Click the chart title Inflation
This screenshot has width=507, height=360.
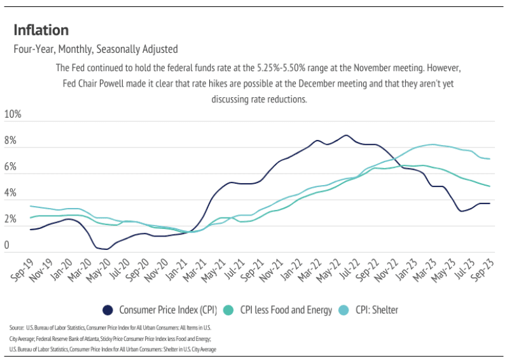pyautogui.click(x=41, y=30)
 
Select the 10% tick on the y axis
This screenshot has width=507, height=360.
pyautogui.click(x=13, y=115)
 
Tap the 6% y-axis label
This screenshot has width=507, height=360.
pyautogui.click(x=11, y=167)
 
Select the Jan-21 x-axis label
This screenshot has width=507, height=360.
pyautogui.click(x=184, y=271)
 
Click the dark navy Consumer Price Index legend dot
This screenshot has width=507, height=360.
pyautogui.click(x=108, y=310)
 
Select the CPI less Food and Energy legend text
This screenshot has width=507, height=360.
pyautogui.click(x=286, y=310)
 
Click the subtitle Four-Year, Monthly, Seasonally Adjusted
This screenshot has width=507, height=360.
pyautogui.click(x=95, y=49)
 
